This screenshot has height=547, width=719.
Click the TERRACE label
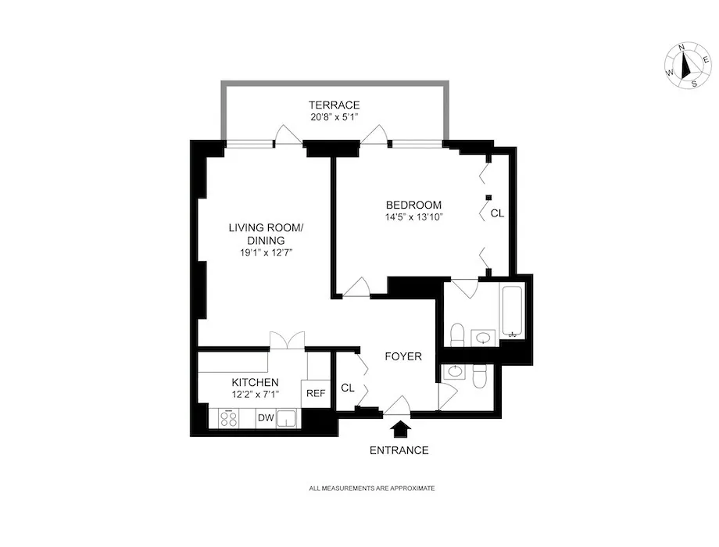point(334,105)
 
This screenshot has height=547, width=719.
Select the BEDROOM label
point(413,205)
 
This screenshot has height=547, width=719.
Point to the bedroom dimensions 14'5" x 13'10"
point(413,217)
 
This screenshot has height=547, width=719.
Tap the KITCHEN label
point(255,382)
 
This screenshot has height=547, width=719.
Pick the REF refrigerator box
point(315,394)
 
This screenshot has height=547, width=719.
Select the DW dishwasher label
point(266,419)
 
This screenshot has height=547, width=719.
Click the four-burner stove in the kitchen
point(229,419)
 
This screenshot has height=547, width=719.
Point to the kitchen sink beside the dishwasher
point(289,419)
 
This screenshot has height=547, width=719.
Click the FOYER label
point(403,356)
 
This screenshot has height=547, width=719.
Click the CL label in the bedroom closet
point(497,213)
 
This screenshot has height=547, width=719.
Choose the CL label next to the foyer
point(348,388)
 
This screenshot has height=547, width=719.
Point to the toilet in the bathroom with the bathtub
point(458,335)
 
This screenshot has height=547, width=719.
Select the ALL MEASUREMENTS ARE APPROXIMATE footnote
point(372,488)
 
